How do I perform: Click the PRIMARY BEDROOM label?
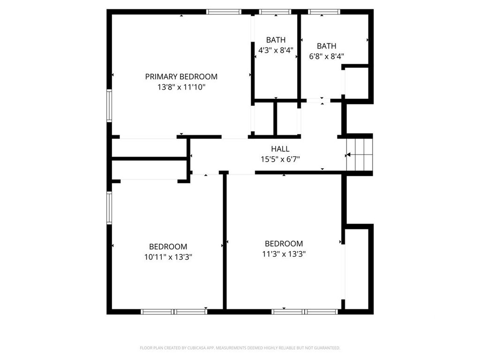181,76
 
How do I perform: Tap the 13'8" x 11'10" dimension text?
181,87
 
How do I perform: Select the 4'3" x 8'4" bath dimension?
276,50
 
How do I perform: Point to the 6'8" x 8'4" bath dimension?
327,56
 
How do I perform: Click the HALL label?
280,149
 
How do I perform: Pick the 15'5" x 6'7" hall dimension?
280,159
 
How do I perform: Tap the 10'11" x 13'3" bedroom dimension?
168,257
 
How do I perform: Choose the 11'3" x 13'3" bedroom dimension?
284,254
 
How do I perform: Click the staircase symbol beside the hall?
360,155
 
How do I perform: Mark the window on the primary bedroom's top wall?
224,12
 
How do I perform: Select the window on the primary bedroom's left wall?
109,105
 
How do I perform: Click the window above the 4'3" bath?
275,12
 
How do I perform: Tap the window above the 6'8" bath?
324,12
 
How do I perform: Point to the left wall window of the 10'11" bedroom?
109,208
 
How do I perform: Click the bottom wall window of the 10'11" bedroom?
174,312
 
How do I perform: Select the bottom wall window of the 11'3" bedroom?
305,312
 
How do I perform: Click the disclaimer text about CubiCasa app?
240,348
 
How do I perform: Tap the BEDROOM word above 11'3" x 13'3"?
284,244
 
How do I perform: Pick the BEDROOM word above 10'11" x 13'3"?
168,247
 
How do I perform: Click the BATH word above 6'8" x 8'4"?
327,46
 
